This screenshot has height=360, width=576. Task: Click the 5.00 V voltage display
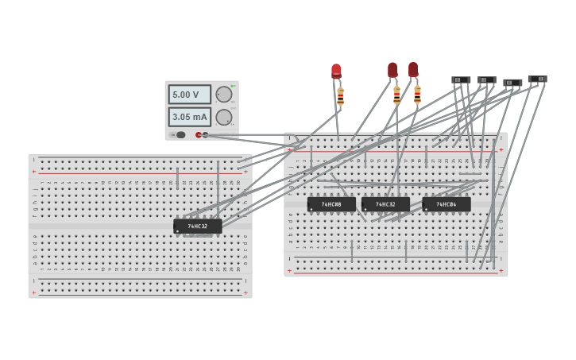click(189, 95)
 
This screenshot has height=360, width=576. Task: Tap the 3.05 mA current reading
click(189, 117)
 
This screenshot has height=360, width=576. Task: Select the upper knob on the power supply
click(224, 95)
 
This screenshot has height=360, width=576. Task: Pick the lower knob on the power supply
click(224, 118)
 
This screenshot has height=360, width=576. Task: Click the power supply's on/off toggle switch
click(180, 135)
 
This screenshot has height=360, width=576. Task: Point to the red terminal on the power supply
click(199, 135)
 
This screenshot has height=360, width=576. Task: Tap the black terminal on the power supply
click(206, 135)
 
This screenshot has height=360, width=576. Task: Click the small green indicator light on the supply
click(233, 85)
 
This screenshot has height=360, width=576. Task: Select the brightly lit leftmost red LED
click(336, 72)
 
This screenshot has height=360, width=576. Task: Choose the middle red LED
click(392, 70)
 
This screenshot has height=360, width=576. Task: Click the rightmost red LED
click(413, 70)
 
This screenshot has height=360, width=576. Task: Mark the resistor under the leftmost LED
click(341, 96)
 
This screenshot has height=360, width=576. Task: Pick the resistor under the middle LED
click(396, 95)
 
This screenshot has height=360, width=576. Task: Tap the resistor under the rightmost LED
click(417, 95)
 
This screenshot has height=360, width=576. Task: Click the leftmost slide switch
click(461, 79)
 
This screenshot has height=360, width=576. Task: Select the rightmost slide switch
click(537, 79)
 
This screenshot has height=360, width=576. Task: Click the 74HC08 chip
click(331, 204)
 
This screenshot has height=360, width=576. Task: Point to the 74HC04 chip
click(446, 204)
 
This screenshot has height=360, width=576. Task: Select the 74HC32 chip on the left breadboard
click(197, 226)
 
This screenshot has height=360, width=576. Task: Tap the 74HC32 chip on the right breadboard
click(385, 204)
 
